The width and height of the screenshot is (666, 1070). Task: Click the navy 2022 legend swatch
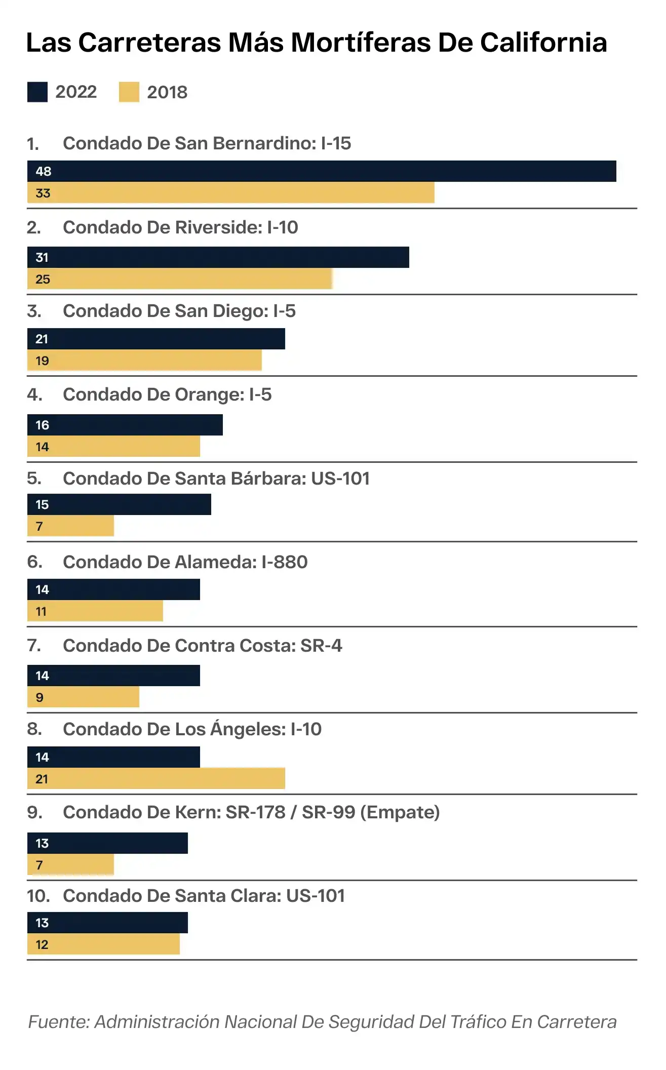(x=37, y=92)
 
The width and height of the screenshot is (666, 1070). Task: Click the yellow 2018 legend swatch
(x=129, y=92)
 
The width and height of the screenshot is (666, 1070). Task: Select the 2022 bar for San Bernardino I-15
(x=322, y=171)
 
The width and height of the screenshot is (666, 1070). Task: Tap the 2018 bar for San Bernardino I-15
(x=231, y=193)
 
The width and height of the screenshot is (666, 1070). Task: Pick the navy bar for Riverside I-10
(x=218, y=257)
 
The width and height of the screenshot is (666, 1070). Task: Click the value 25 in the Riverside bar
(x=43, y=279)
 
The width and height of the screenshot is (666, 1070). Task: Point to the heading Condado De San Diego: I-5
(x=179, y=311)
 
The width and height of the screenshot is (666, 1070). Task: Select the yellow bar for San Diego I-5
(x=144, y=361)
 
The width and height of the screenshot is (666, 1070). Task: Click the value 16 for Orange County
(x=42, y=425)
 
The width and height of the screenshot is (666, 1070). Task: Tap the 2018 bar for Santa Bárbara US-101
(x=70, y=526)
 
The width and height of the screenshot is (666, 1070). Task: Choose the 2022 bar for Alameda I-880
(x=113, y=589)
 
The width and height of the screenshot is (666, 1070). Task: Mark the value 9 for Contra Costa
(x=40, y=697)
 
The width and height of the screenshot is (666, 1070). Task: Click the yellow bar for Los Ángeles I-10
(x=156, y=779)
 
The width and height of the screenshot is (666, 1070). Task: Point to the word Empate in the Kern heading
(x=400, y=812)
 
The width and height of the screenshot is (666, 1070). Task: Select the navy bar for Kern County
(x=107, y=843)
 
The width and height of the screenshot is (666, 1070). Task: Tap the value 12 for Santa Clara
(x=42, y=944)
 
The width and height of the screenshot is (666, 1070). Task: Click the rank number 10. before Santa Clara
(x=38, y=896)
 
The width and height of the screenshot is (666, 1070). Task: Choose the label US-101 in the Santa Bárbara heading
(x=340, y=479)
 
